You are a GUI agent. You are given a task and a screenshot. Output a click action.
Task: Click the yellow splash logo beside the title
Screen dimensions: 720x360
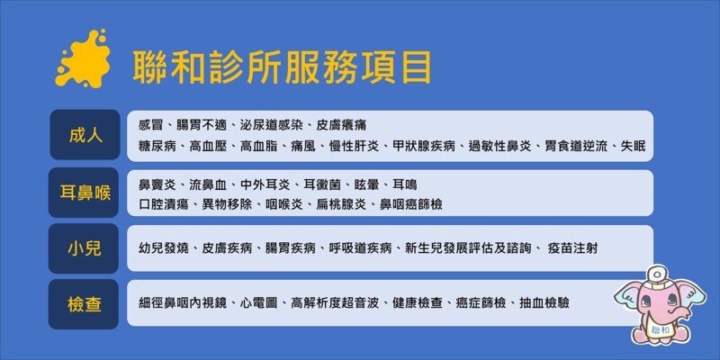[x=83, y=59]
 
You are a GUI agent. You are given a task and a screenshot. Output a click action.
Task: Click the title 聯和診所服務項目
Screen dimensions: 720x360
[x=282, y=67]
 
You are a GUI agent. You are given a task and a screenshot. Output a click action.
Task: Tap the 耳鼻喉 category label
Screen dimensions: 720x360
[x=85, y=193]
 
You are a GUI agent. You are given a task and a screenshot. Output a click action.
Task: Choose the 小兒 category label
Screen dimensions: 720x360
[x=85, y=248]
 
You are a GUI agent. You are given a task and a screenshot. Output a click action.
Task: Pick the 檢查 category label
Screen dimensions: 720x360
[x=85, y=304]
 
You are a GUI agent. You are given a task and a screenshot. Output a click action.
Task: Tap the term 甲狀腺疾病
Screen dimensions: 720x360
[x=424, y=147]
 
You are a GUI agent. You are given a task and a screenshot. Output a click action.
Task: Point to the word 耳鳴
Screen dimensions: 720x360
[x=404, y=185]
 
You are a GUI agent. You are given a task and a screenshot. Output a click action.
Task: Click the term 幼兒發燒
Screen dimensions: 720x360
[x=163, y=248]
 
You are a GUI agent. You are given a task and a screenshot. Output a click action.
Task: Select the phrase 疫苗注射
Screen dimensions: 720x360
[x=573, y=248]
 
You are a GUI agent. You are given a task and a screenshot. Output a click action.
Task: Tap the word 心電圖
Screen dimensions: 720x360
[x=259, y=303]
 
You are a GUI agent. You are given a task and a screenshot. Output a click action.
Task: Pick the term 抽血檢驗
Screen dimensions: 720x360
[x=544, y=303]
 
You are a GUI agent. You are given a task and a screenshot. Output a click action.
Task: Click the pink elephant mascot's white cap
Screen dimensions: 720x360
[x=659, y=274]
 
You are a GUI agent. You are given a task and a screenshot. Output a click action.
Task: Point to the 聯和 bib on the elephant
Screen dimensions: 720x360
[x=661, y=330]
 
